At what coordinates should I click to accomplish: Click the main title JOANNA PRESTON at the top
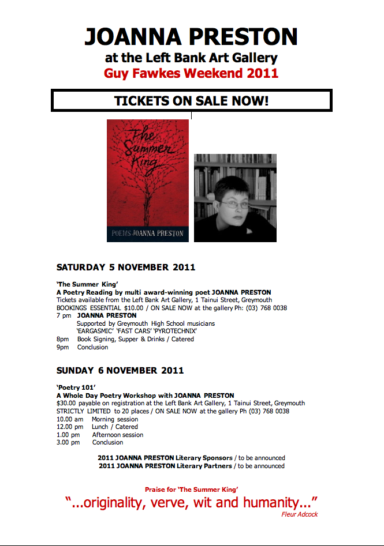191,36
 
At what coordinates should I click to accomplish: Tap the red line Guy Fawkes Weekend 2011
191,73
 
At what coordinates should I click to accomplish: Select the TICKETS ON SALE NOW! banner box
191,101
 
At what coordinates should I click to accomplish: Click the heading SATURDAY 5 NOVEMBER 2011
126,268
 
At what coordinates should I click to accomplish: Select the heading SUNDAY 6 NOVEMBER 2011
120,370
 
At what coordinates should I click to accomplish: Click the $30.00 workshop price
67,403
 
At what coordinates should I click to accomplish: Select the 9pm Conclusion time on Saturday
62,347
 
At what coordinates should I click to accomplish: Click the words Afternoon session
118,435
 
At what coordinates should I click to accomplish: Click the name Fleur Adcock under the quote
300,514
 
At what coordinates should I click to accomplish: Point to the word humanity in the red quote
271,502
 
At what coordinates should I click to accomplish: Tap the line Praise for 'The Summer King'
191,489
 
